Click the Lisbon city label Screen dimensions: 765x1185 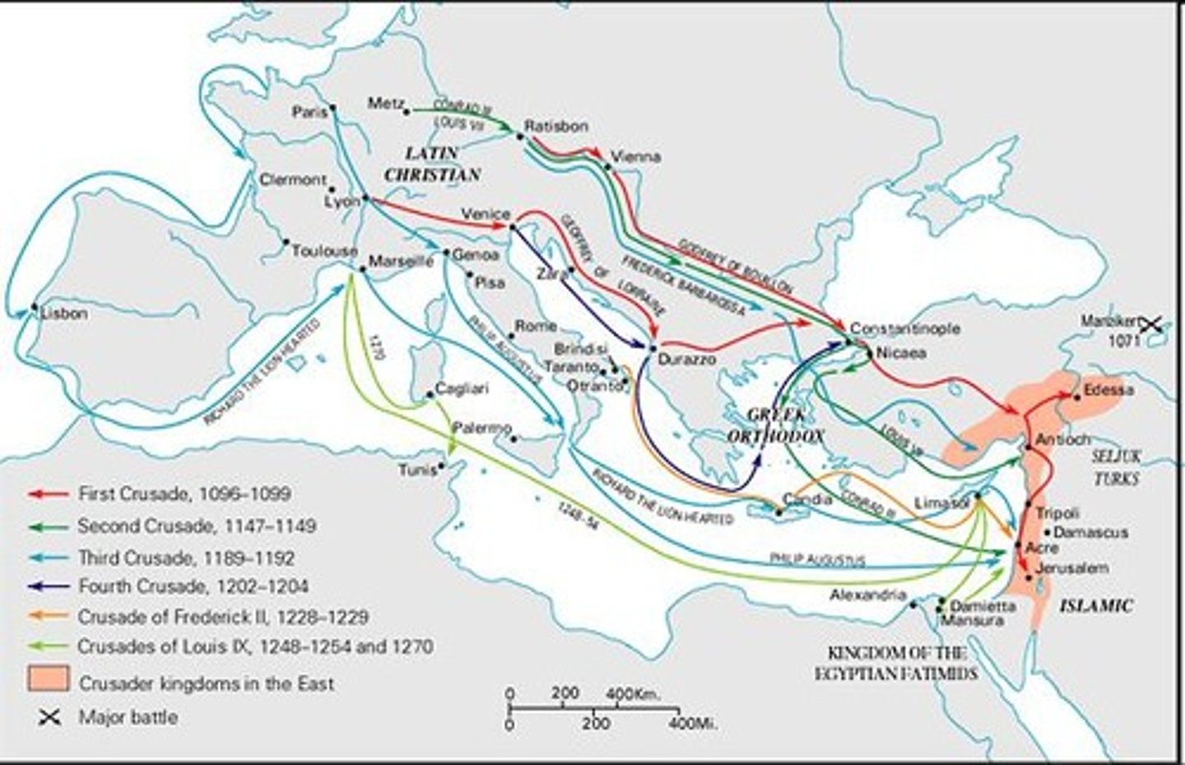click(x=63, y=313)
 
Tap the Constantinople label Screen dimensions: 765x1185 click(x=904, y=329)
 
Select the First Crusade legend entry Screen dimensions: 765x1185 click(x=184, y=494)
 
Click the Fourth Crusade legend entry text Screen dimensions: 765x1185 click(x=193, y=586)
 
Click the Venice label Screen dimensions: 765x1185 click(x=485, y=214)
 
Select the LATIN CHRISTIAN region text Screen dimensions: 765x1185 click(x=432, y=164)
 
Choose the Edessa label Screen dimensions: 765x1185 click(x=1108, y=390)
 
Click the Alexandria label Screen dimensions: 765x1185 click(x=867, y=594)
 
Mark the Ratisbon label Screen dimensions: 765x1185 click(x=556, y=126)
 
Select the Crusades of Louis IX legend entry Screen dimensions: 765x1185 click(x=254, y=647)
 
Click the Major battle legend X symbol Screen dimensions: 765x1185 click(x=51, y=716)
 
